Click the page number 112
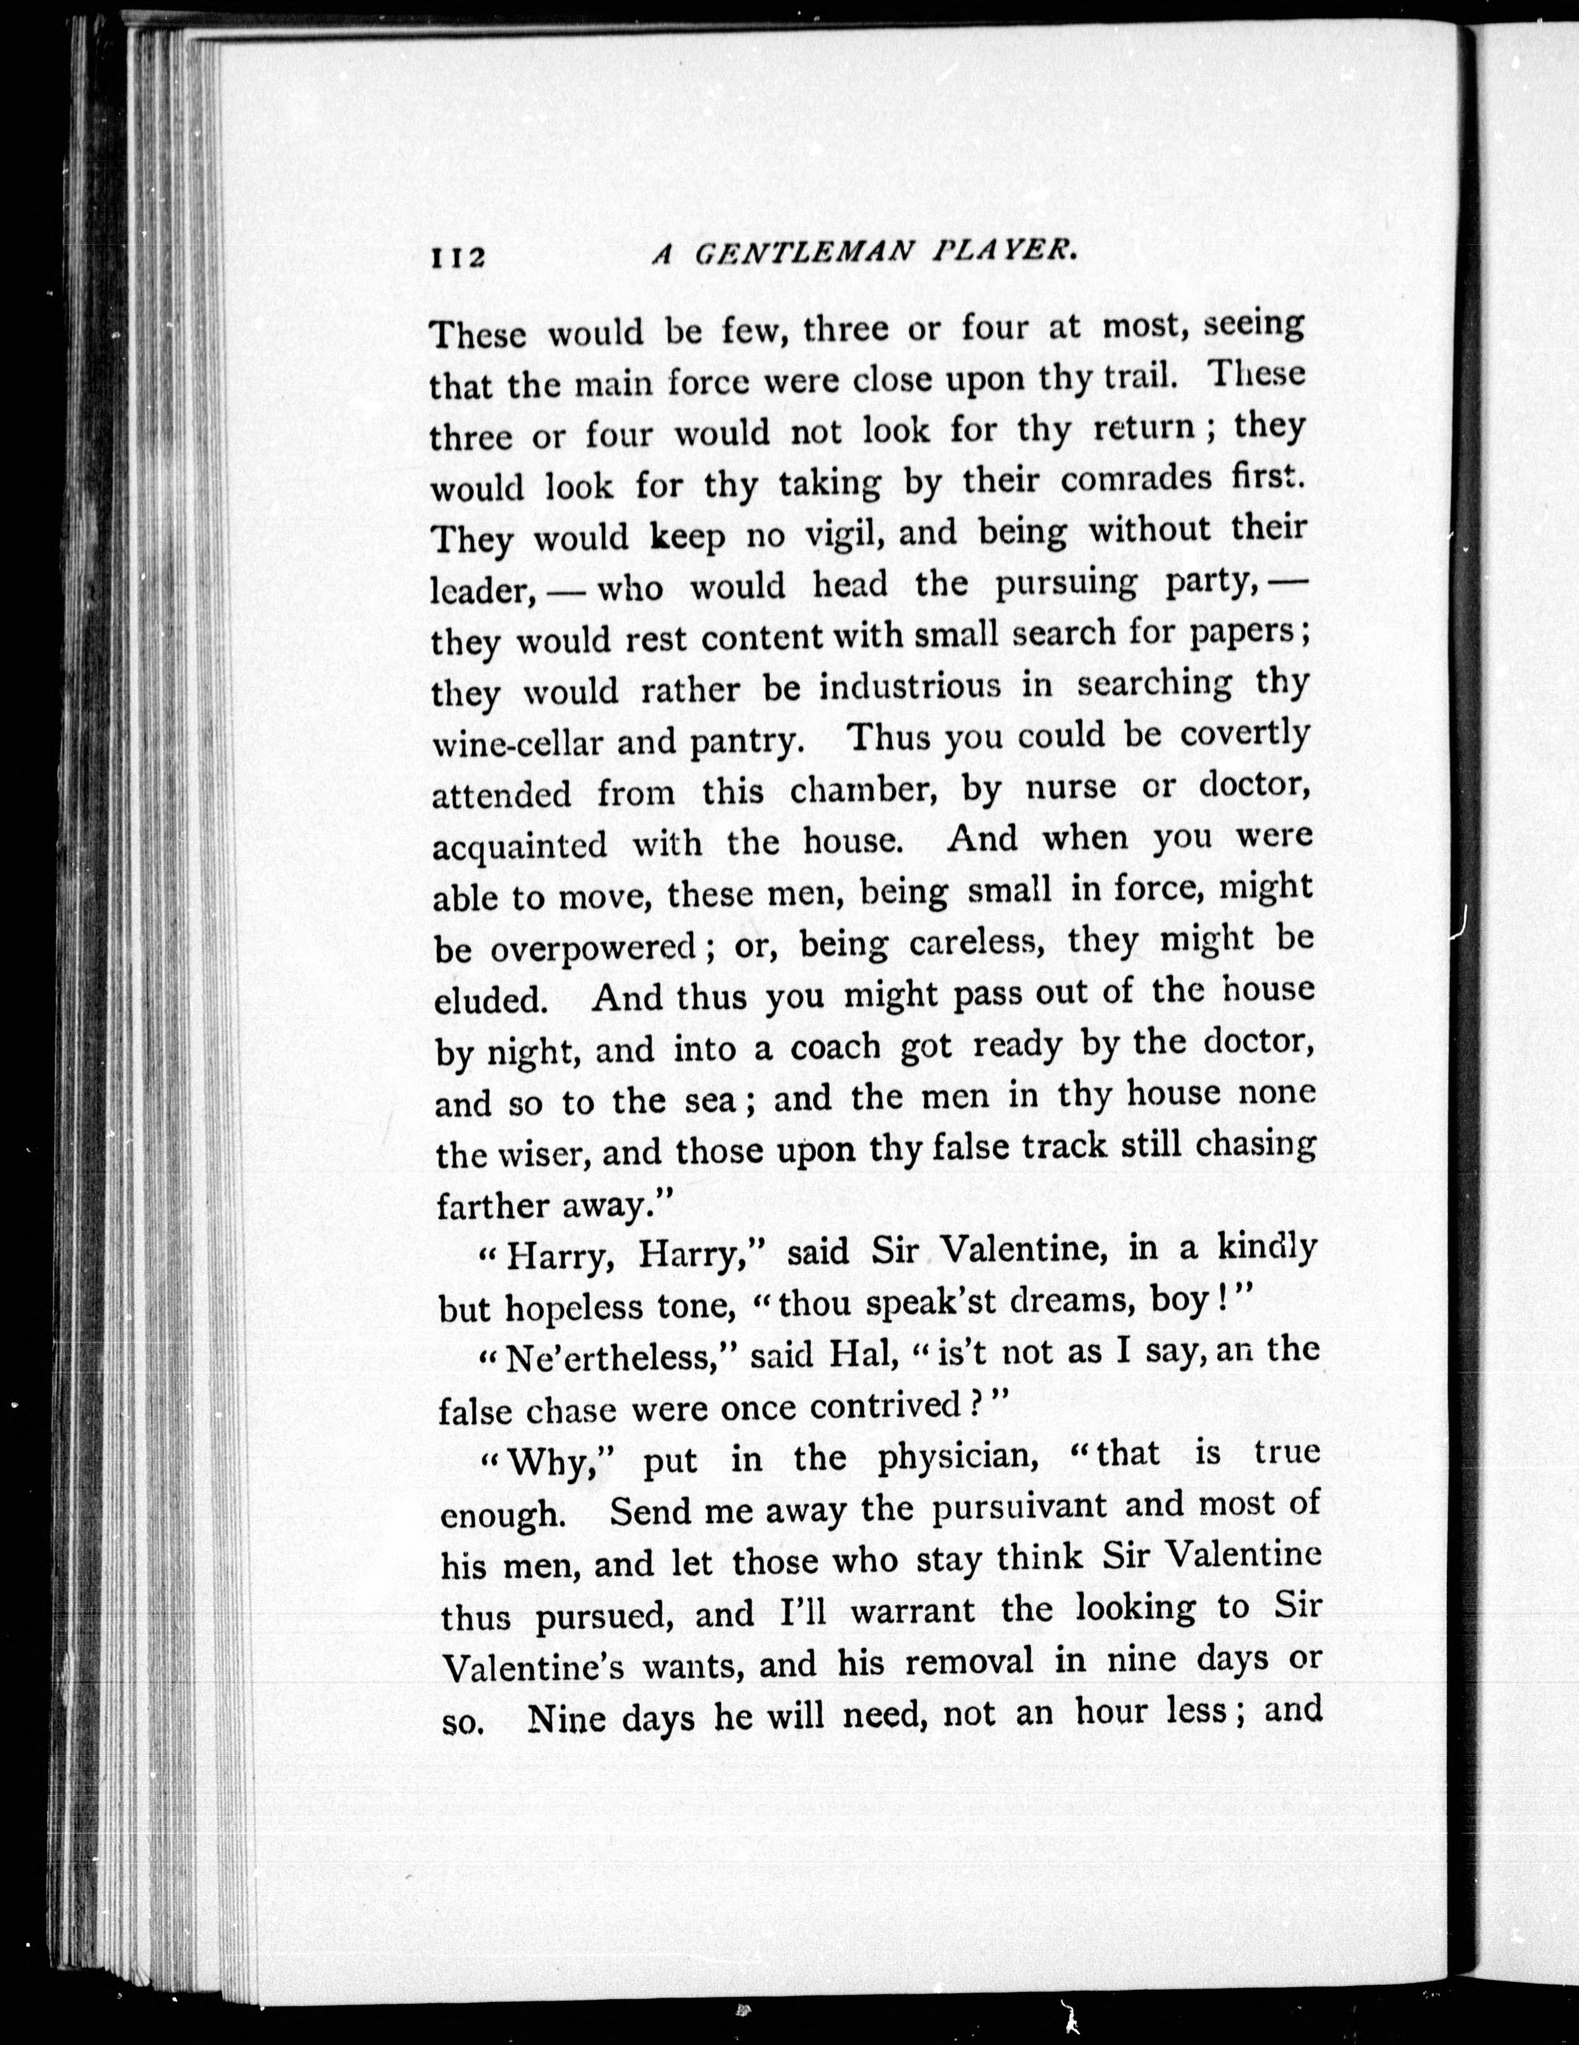(x=458, y=257)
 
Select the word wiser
(x=546, y=1154)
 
